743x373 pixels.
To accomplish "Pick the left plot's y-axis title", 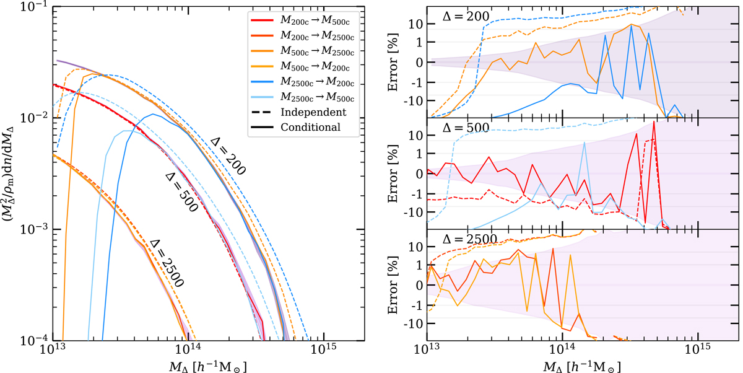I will (x=10, y=173).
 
